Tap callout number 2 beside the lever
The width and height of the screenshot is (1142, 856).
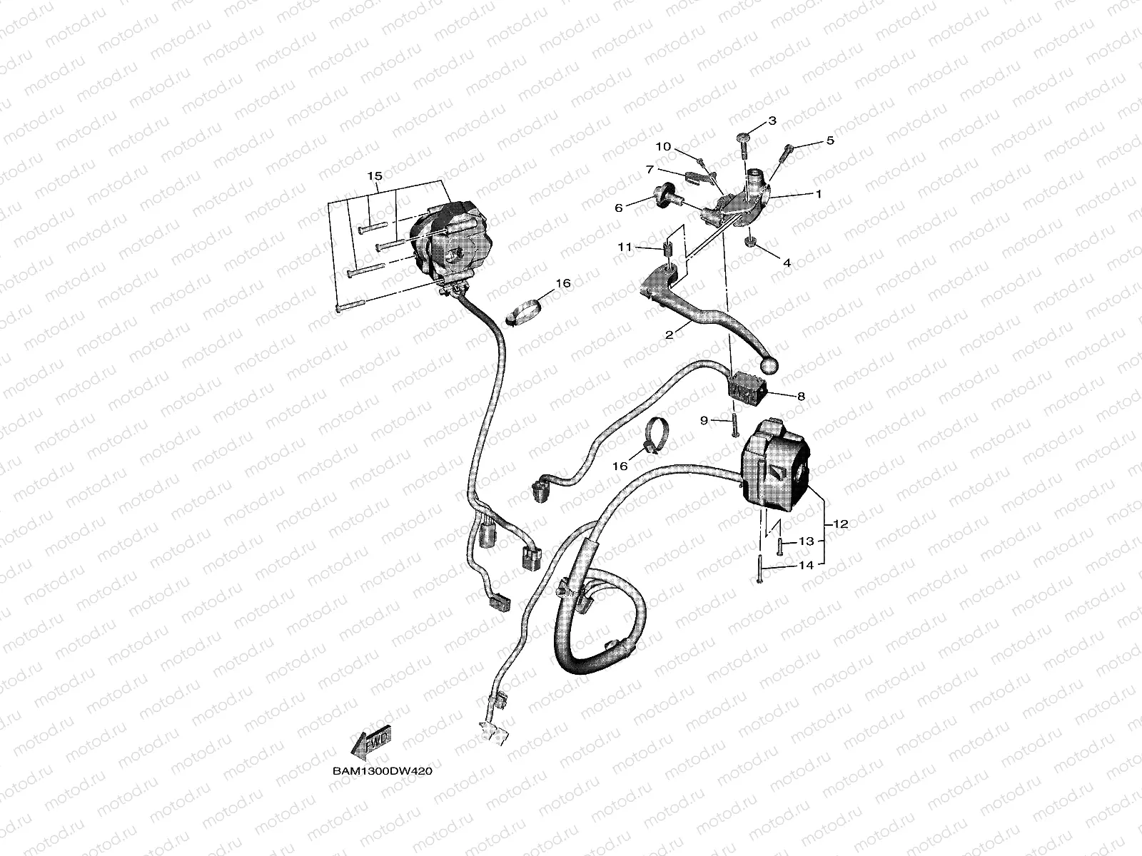669,333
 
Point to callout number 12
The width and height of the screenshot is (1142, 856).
839,524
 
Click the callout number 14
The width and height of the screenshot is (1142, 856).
806,565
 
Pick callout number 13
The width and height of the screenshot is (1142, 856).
806,541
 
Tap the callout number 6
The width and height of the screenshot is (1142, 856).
619,207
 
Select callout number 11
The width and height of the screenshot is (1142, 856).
625,247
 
